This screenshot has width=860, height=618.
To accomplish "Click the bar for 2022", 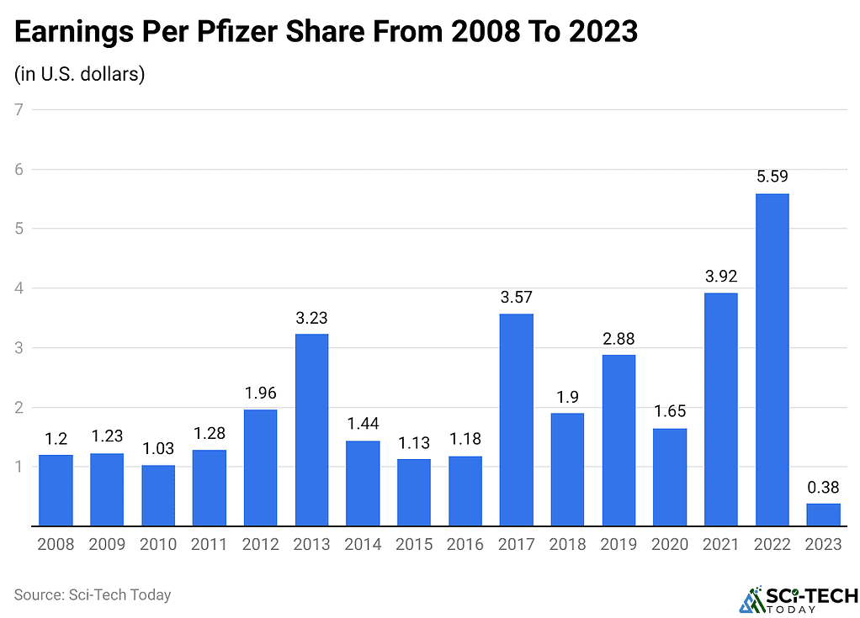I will tap(772, 360).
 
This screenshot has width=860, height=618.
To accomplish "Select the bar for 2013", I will tap(311, 430).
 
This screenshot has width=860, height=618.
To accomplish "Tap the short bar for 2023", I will tap(823, 515).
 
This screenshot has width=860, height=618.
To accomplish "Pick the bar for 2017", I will tap(516, 420).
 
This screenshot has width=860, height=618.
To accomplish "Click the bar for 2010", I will tap(158, 495).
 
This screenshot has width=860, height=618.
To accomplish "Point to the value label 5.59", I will tap(772, 177).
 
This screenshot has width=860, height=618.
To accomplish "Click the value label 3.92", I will tap(720, 277).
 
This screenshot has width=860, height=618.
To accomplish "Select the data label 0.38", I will tap(823, 487).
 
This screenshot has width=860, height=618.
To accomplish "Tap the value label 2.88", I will tap(618, 339).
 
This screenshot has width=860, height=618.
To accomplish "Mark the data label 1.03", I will tap(158, 449).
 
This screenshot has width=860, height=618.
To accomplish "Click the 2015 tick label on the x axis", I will tap(414, 545).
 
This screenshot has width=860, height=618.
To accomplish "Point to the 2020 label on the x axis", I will tap(670, 545).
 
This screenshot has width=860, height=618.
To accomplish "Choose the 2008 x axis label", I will tap(56, 545).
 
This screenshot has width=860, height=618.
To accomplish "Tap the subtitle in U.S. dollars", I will tap(80, 74).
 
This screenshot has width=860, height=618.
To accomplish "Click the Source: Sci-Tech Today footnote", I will tap(93, 594).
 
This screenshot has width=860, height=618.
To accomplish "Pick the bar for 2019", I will tap(618, 441).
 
